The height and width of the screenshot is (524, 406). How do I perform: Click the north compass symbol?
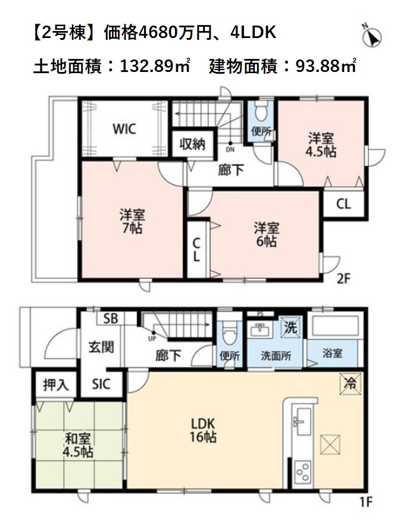pos(372,36)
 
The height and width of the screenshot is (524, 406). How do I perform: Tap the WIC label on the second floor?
pos(124,128)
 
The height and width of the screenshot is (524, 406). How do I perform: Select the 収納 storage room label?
pos(192,144)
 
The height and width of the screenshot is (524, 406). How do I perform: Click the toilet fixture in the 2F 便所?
pos(261,110)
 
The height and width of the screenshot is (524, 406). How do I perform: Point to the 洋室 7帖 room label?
pos(132,222)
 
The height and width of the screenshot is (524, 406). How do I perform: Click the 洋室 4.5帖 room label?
pos(321,145)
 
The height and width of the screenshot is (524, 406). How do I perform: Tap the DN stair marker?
pos(230,150)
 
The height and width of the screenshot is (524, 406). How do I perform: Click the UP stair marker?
pos(152,338)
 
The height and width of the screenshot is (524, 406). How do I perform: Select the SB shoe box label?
pos(110,319)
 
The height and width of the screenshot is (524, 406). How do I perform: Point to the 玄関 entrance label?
pos(101,347)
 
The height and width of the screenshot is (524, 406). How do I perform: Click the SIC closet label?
pos(101,384)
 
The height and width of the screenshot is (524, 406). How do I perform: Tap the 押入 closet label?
pos(56,385)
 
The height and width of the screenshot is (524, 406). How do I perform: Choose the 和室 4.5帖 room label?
pos(78,445)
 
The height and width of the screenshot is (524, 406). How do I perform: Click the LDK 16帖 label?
pos(203,430)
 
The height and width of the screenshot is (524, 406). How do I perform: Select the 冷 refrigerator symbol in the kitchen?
pos(351,384)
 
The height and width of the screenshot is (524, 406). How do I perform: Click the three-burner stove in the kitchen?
pos(302,472)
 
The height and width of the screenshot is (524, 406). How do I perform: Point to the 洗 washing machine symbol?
pos(291,327)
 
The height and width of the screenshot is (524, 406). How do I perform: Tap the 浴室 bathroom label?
pos(332,353)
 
